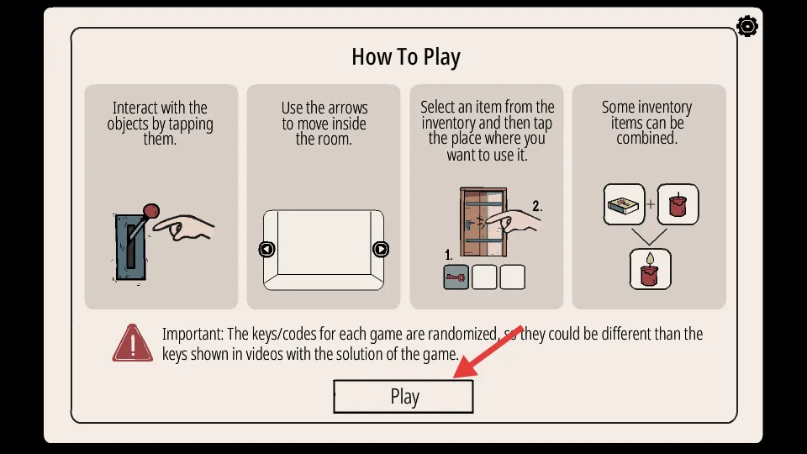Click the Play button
[403, 396]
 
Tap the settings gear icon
[746, 26]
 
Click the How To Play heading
[405, 57]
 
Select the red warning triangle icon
[132, 343]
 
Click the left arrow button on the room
[266, 249]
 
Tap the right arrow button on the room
[380, 249]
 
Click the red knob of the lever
[150, 210]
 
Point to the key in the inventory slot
[456, 277]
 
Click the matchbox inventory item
[624, 205]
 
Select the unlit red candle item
[678, 205]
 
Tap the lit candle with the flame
[650, 269]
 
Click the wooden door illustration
[483, 222]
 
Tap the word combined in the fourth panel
[647, 138]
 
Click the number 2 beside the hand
[537, 207]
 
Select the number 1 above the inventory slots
[448, 255]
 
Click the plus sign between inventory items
[651, 204]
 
